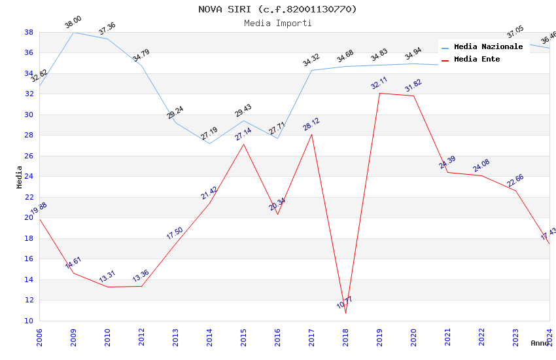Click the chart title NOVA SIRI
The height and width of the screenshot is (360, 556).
click(278, 9)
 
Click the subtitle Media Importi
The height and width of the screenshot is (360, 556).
click(278, 23)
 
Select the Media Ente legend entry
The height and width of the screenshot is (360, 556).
click(477, 60)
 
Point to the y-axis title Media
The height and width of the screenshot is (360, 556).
click(19, 177)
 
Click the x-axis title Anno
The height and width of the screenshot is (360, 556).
click(540, 343)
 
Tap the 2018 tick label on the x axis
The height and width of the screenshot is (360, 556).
click(345, 336)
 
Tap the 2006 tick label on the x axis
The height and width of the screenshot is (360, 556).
click(39, 336)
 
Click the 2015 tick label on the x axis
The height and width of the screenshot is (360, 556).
click(243, 336)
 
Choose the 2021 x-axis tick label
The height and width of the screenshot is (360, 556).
click(447, 336)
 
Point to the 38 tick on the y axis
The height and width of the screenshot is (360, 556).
click(29, 32)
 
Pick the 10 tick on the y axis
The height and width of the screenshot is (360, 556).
click(29, 321)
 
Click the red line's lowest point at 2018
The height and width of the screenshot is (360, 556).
click(345, 313)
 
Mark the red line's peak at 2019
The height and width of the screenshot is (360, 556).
click(379, 93)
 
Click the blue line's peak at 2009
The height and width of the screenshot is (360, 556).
click(73, 32)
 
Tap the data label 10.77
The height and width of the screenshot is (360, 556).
click(345, 302)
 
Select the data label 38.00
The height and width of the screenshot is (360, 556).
click(73, 24)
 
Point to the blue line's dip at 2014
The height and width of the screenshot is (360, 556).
click(209, 143)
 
